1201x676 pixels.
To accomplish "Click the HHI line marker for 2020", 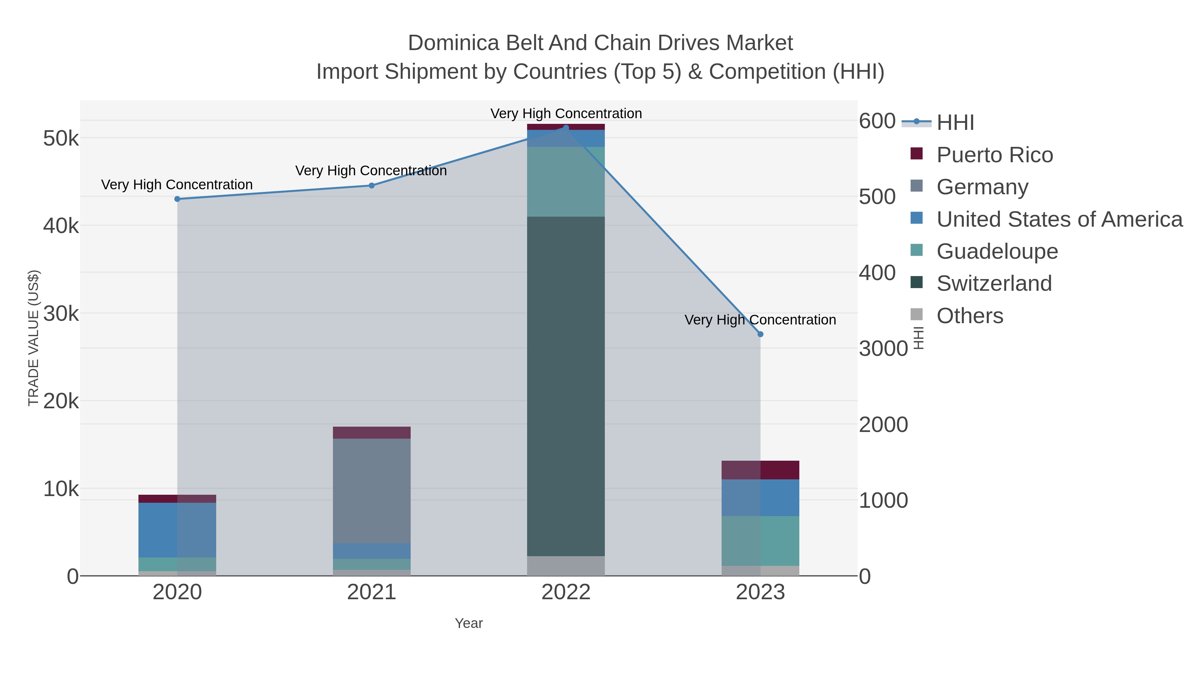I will [x=177, y=199].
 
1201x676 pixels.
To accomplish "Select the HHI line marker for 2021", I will [x=372, y=186].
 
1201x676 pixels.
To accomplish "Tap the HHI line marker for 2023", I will [x=760, y=334].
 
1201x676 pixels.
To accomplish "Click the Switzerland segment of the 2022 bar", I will [x=565, y=386].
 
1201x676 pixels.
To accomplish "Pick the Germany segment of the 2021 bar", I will [x=372, y=491].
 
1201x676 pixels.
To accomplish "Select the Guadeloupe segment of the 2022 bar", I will [x=565, y=182].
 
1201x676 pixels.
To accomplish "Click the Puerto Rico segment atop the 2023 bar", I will [x=760, y=470].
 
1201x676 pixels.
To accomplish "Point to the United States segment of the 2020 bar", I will [x=177, y=530].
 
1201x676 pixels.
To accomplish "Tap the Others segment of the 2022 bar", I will [x=565, y=566].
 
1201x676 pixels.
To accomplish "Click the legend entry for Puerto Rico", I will [x=994, y=155].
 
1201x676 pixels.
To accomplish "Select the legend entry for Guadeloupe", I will [x=997, y=251].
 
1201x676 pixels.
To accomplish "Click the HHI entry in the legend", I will [x=955, y=123].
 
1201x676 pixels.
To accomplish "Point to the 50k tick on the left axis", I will [x=61, y=139].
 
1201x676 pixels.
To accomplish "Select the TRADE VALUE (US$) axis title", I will [x=34, y=338].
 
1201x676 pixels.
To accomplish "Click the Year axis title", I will [x=469, y=623].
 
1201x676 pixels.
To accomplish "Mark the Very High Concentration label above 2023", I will [x=760, y=320].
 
